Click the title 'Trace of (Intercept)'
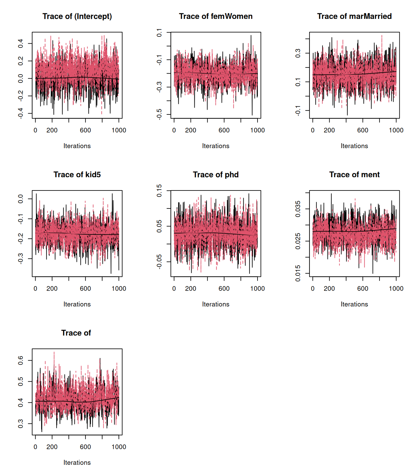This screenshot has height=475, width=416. point(77,16)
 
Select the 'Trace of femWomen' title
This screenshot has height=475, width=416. point(216,16)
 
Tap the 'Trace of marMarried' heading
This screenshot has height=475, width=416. point(354,16)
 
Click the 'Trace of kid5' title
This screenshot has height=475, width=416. point(77,175)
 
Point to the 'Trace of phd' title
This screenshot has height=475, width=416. point(216,175)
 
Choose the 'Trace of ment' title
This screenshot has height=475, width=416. point(354,175)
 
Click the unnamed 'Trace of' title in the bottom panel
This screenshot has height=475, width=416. point(76,333)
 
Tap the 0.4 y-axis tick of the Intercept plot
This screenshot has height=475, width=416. point(21,43)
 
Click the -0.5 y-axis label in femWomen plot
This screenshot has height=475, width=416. point(159,114)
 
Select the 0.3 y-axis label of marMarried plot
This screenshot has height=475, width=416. point(298,53)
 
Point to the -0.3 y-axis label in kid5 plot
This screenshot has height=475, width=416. point(21,259)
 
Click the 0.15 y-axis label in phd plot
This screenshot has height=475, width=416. point(159,190)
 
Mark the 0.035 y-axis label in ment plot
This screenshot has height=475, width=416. point(298,209)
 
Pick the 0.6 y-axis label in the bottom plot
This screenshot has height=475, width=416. point(21,360)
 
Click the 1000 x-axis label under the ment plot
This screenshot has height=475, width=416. point(396,289)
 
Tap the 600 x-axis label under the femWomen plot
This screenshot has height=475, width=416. point(224,130)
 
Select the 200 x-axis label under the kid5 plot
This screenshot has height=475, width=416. point(52,289)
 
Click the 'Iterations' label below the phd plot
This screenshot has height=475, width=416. point(216,304)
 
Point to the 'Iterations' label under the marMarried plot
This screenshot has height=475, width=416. point(354,146)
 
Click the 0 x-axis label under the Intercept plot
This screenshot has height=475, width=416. point(35,130)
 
